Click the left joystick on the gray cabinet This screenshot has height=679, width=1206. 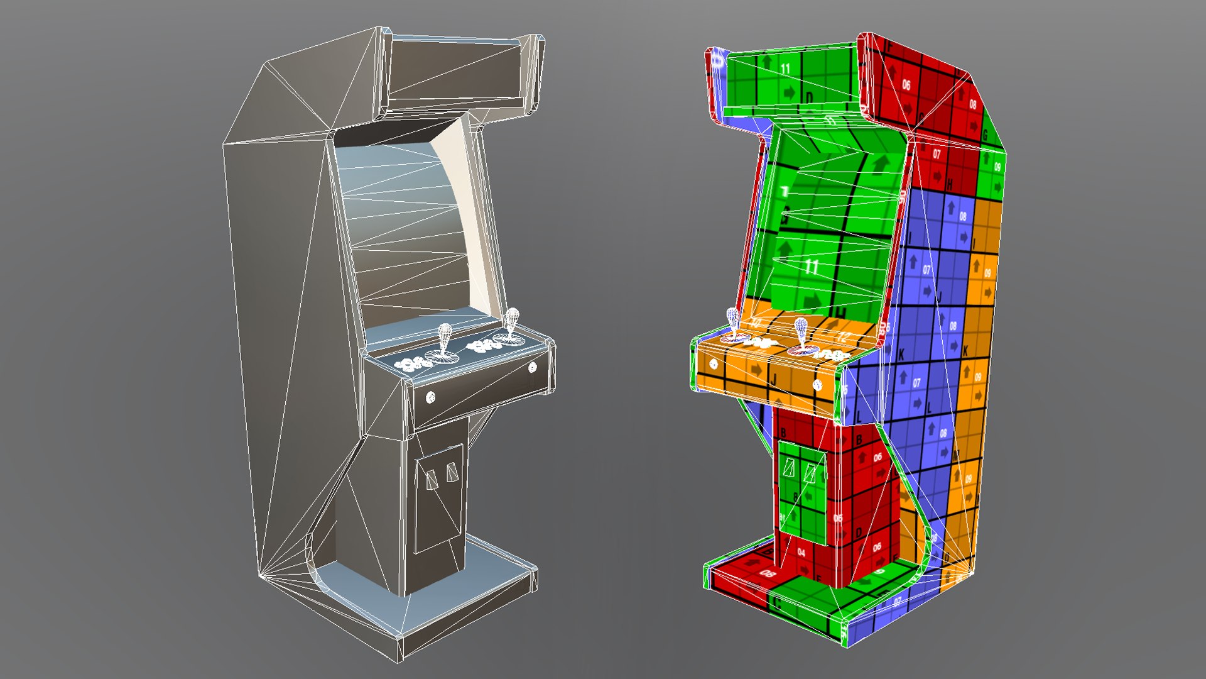445,339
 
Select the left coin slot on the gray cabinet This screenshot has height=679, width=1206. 432,480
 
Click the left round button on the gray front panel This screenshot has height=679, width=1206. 431,397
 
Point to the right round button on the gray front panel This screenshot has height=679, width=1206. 533,367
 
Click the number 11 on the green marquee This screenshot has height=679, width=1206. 785,69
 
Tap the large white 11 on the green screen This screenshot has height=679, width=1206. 811,267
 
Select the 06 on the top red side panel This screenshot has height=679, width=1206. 906,84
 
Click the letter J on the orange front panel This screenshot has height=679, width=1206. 774,380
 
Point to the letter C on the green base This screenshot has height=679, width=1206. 779,604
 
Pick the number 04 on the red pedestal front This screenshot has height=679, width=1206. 801,552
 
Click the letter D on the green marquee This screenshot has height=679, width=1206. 809,97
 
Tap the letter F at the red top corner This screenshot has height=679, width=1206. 890,47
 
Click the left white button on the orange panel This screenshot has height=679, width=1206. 714,363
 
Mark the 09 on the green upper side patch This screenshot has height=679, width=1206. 997,167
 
